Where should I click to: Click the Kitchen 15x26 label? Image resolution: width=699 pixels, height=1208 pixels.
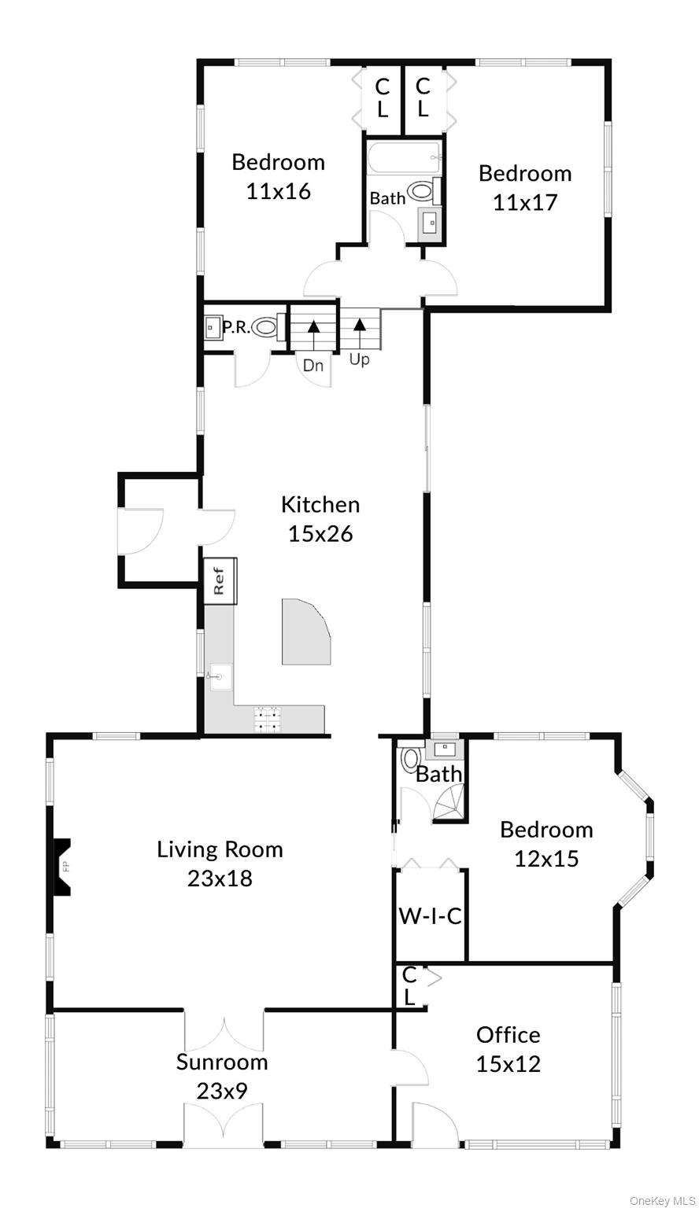[320, 519]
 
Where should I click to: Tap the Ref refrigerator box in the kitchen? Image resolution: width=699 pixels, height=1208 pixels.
[220, 581]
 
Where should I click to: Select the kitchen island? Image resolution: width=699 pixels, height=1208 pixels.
[305, 631]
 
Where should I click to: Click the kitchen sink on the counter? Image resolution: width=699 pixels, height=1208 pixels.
[220, 677]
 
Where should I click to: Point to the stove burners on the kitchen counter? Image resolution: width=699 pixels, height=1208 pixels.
[268, 719]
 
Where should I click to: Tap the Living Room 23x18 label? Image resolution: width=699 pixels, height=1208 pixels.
[220, 864]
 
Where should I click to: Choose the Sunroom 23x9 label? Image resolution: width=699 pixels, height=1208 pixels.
[222, 1077]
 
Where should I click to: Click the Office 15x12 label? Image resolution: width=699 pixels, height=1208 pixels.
[508, 1049]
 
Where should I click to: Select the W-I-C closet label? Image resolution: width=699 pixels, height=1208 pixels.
[431, 915]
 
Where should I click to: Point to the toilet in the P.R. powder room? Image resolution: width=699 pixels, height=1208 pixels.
[265, 326]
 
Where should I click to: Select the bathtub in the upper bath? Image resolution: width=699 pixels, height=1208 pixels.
[403, 157]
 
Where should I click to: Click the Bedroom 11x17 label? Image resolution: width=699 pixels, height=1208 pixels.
[525, 188]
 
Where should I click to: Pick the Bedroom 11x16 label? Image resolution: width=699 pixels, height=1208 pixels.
[279, 176]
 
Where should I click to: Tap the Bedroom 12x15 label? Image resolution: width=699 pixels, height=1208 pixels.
[546, 843]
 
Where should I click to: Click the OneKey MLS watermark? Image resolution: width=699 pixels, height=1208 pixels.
[662, 1200]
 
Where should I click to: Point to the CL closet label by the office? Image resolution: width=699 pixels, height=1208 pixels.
[409, 985]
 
